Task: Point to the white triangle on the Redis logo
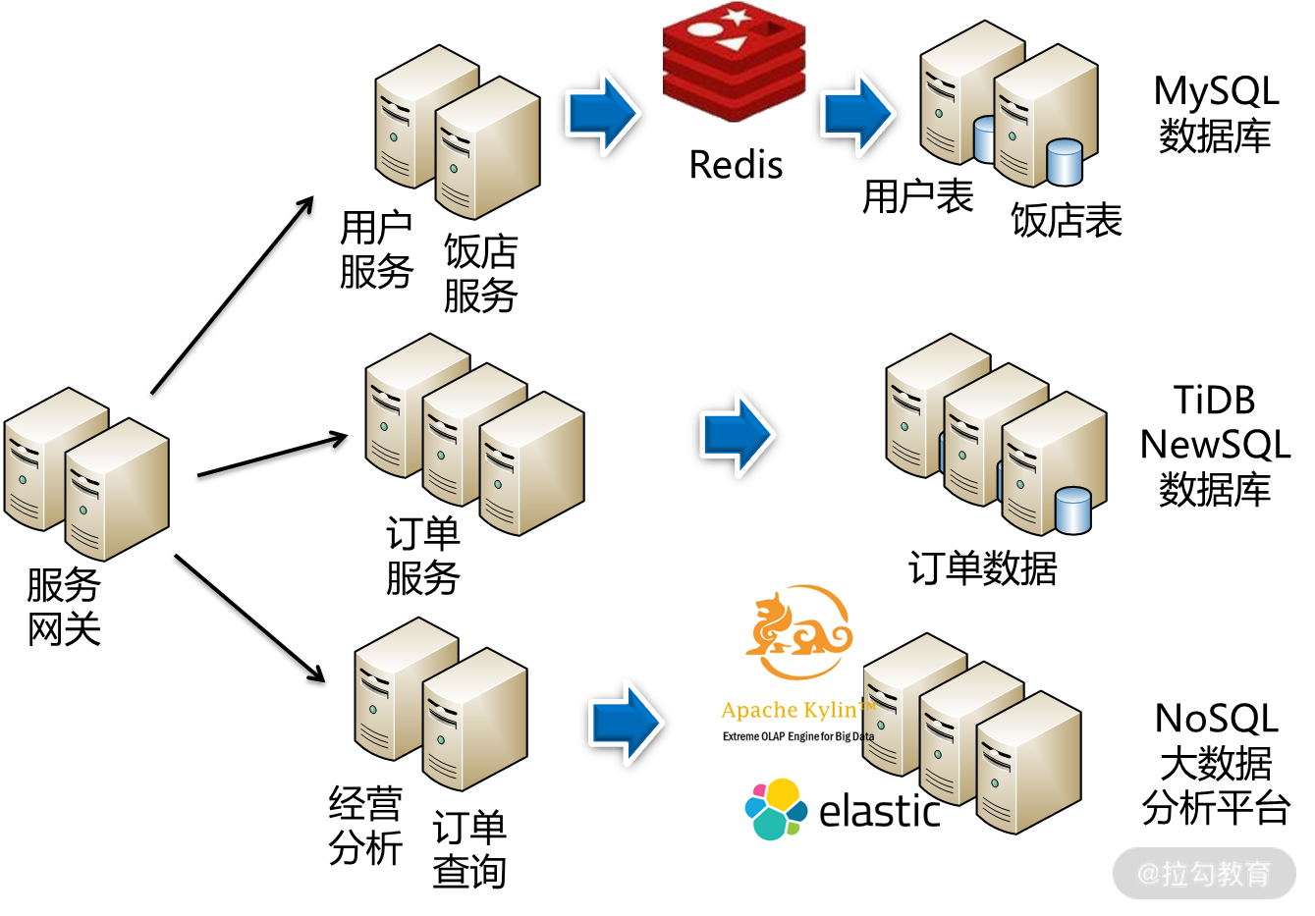pos(731,43)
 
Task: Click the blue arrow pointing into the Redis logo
pos(602,113)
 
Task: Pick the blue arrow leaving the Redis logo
pos(857,113)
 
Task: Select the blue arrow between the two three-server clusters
pos(737,434)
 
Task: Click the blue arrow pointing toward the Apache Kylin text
pos(626,723)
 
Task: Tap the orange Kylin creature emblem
pos(797,632)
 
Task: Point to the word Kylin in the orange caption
pos(830,710)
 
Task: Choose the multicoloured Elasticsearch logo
pos(776,809)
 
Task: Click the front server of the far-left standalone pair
pos(116,491)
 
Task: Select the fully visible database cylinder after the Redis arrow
pos(1065,162)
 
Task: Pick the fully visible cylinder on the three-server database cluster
pos(1072,511)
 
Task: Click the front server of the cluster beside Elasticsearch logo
pos(1028,763)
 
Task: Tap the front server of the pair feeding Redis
pos(487,148)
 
